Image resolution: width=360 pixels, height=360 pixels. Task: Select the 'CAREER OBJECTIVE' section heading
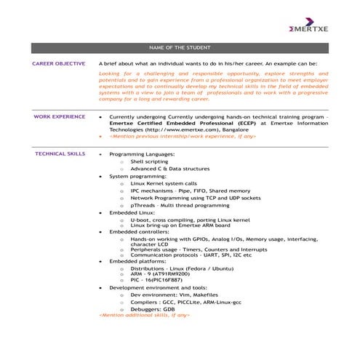pyautogui.click(x=59, y=64)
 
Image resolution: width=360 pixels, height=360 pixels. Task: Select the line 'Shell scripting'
pyautogui.click(x=149, y=162)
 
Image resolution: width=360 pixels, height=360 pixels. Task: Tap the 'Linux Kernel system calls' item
pyautogui.click(x=164, y=183)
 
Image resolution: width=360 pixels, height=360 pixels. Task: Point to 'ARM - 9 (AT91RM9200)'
pyautogui.click(x=160, y=274)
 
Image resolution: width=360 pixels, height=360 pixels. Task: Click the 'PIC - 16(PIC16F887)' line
pyautogui.click(x=156, y=280)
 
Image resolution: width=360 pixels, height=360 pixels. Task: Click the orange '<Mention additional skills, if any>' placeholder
pyautogui.click(x=144, y=316)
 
